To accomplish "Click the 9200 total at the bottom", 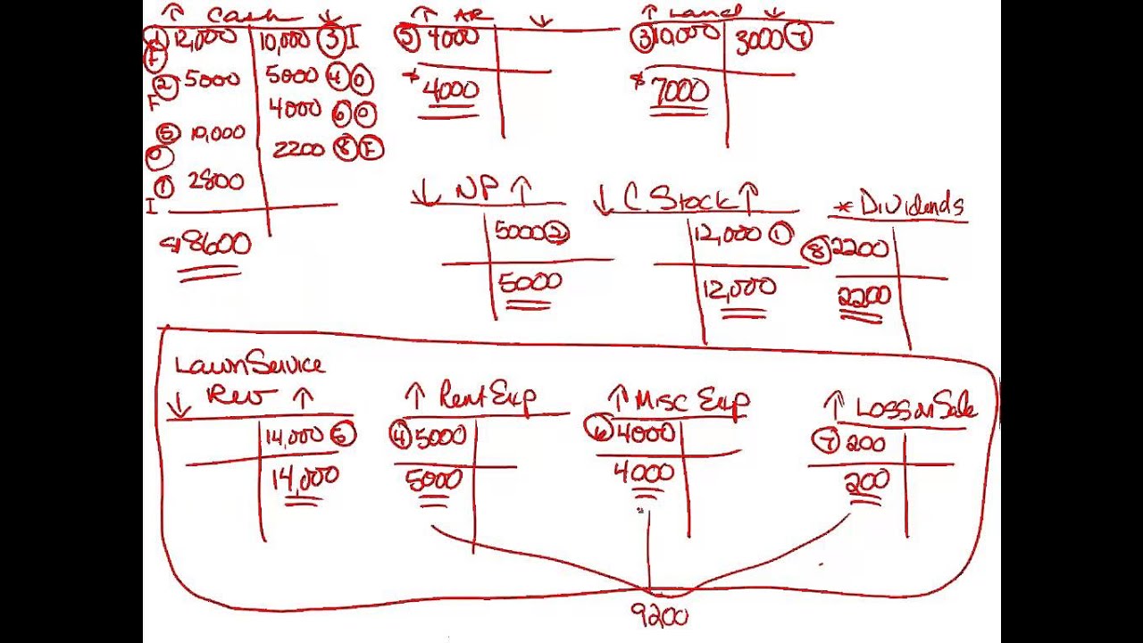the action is click(660, 615).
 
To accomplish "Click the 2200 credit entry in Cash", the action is click(297, 149).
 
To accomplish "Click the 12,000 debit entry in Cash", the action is click(205, 38).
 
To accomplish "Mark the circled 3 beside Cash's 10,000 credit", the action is click(331, 40).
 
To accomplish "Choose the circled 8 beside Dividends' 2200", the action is click(815, 252).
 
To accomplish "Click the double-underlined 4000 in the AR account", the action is click(451, 90).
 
